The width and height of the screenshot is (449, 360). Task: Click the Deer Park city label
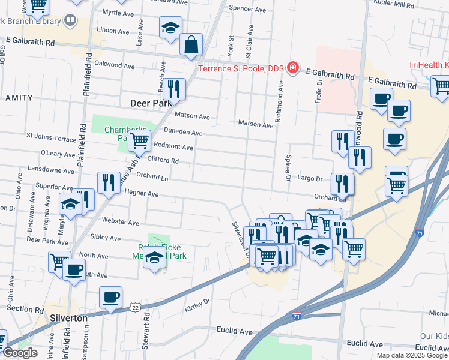151,103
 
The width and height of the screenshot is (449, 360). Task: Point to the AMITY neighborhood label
19,97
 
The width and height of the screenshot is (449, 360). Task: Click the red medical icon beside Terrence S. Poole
293,67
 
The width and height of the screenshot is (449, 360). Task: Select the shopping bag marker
191,44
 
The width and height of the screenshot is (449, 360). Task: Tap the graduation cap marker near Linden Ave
170,28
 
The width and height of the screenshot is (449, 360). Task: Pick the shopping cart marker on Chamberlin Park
139,142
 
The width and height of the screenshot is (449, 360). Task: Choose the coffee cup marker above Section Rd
110,297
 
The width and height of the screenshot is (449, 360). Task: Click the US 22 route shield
136,307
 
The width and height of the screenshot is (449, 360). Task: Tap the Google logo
20,353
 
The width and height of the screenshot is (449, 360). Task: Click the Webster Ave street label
121,222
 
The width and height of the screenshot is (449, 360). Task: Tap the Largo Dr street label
310,178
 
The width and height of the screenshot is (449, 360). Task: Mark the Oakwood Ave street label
115,65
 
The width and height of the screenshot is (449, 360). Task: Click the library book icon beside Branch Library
70,21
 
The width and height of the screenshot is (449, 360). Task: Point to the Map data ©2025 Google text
412,355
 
